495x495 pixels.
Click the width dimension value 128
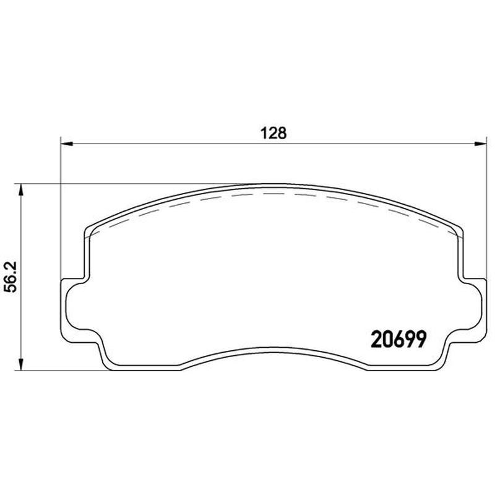[273, 133]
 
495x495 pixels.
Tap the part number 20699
[398, 339]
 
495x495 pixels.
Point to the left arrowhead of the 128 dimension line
[67, 144]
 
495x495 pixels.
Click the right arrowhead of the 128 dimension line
[480, 144]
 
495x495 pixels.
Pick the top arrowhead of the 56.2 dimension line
[21, 190]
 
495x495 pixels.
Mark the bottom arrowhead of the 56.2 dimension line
[21, 364]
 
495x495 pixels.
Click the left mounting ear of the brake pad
[74, 304]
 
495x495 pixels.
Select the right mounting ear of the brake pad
[472, 304]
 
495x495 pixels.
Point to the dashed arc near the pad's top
[273, 193]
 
